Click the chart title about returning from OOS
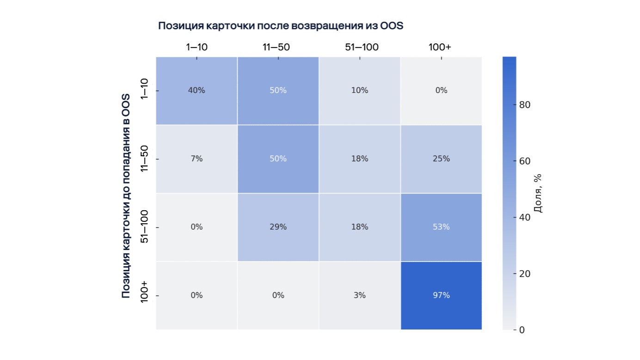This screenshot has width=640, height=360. [x=281, y=26]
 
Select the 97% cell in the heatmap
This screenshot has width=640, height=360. [x=441, y=295]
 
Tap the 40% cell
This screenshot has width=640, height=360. [x=197, y=91]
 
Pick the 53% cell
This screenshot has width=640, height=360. [x=441, y=227]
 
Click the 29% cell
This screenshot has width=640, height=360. [x=278, y=227]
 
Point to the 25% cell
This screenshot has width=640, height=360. [x=441, y=159]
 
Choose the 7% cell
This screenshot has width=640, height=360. [x=197, y=159]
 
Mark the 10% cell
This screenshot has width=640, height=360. [x=360, y=91]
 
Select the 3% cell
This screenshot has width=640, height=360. [x=360, y=295]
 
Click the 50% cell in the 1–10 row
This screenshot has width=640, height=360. [x=278, y=91]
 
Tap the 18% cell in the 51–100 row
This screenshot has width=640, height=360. [x=360, y=227]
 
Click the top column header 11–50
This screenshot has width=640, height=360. [x=278, y=47]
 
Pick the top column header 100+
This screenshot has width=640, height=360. [x=441, y=47]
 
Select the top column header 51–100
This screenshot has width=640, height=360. [x=360, y=47]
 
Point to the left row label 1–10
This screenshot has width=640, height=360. [x=144, y=91]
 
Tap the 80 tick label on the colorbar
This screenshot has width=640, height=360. [x=524, y=105]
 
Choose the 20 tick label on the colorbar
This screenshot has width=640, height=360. [x=524, y=274]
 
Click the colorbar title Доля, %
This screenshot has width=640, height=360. [x=538, y=193]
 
